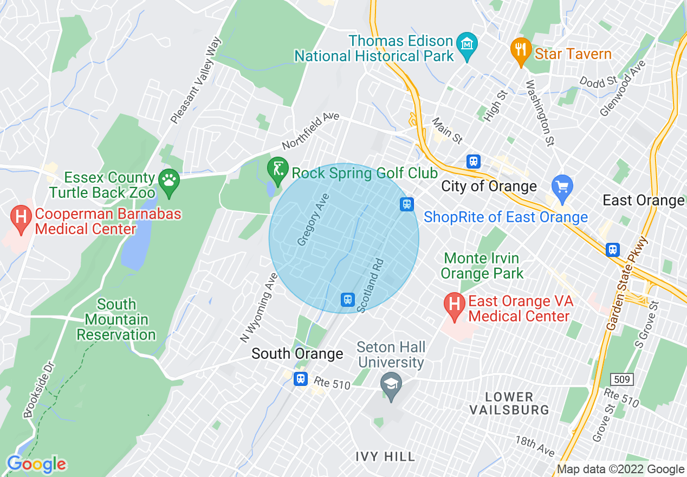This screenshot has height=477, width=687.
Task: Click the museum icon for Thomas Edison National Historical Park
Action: pos(466,43)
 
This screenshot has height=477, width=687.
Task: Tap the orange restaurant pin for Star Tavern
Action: pos(521,50)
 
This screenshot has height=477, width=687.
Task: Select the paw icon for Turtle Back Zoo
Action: pos(168,179)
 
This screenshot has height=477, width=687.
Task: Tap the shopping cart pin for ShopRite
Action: pos(562,186)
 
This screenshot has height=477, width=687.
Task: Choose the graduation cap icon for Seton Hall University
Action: pos(390,383)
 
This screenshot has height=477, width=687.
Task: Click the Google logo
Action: pos(36,465)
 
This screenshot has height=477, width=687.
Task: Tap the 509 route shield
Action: pos(623,379)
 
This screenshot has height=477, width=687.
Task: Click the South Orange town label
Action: pos(297,354)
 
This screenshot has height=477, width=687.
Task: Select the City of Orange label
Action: pos(489,186)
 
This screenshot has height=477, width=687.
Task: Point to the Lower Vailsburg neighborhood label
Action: pos(509,403)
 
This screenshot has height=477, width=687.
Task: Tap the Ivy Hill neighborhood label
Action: pos(385,457)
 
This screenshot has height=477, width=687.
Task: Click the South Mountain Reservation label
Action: pos(116,320)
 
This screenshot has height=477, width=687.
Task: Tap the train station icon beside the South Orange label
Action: pos(301,379)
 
